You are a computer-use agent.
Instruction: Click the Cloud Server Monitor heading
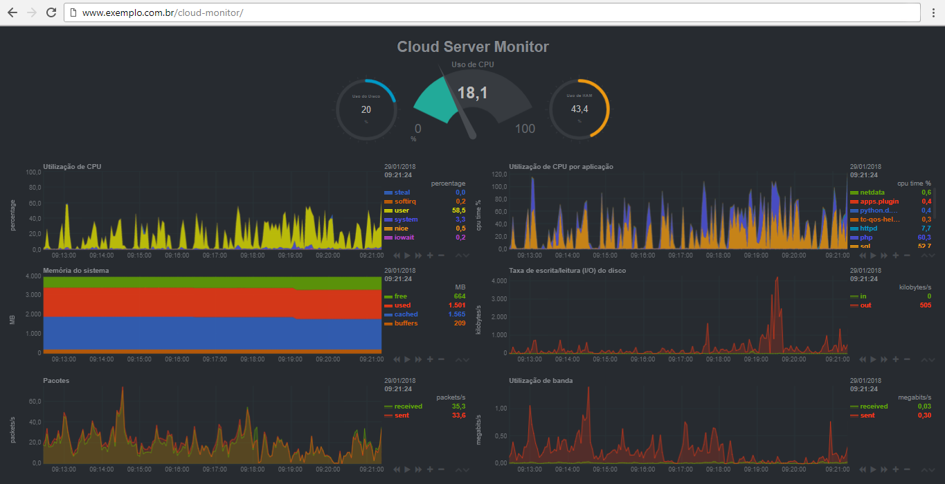click(x=473, y=47)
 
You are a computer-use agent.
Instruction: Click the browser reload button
click(x=51, y=12)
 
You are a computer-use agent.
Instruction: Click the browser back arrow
click(x=12, y=12)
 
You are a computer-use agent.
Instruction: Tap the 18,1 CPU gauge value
click(x=472, y=93)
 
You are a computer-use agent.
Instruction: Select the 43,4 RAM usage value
click(x=579, y=109)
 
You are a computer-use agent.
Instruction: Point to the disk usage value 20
click(x=366, y=109)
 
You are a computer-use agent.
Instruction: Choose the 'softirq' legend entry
click(x=405, y=201)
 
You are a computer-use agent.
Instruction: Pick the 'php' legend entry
click(x=867, y=237)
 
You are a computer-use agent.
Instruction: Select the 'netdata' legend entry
click(x=872, y=192)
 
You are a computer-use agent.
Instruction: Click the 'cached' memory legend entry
click(x=406, y=314)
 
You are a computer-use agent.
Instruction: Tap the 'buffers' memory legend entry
click(x=407, y=323)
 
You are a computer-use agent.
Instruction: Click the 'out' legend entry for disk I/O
click(x=865, y=305)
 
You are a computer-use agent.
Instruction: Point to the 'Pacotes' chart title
click(x=56, y=381)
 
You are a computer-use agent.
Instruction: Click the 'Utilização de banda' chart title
click(x=541, y=381)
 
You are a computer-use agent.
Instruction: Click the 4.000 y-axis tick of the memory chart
click(x=33, y=276)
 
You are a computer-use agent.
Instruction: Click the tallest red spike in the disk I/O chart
click(x=777, y=278)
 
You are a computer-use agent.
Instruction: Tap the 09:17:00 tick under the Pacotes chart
click(x=215, y=469)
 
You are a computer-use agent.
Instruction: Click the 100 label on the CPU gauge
click(x=525, y=129)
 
